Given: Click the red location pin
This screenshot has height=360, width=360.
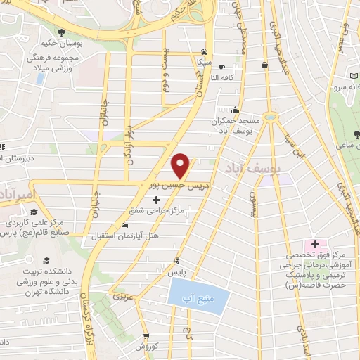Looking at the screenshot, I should point(181,165).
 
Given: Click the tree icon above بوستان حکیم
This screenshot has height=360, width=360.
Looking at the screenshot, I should point(63,32).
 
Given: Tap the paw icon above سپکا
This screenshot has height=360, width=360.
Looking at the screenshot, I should point(205,51).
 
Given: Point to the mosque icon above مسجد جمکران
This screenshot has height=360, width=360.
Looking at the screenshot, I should point(234,110).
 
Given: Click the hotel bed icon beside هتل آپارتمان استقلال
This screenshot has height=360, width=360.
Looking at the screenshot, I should point(125,226).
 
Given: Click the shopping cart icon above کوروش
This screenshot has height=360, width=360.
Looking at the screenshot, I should point(147,336).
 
